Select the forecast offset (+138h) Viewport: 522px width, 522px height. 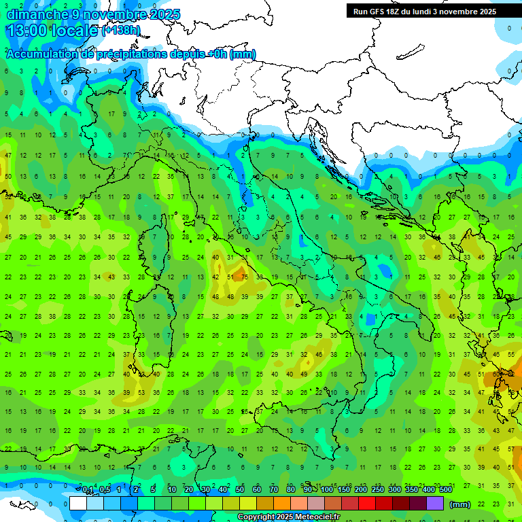[x=121, y=31]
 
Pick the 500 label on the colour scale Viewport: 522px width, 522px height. [x=446, y=490]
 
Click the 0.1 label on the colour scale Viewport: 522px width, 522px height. [x=87, y=490]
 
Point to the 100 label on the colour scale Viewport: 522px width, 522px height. [x=327, y=490]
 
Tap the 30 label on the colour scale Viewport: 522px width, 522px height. [x=206, y=490]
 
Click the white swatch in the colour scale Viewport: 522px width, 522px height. [x=78, y=504]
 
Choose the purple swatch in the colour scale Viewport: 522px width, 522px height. [x=435, y=504]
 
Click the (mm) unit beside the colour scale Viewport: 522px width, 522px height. [x=460, y=504]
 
